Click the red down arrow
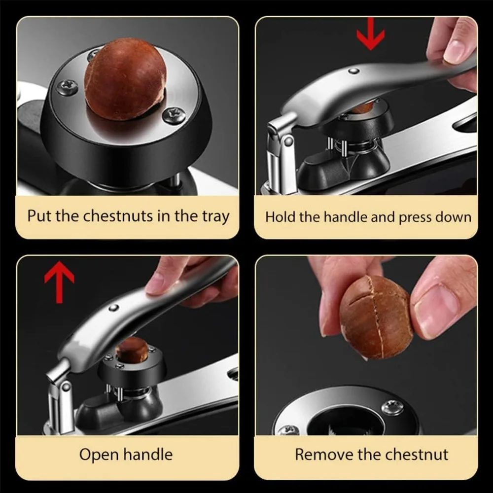(x=371, y=34)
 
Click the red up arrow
(x=59, y=282)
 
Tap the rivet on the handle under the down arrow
(x=354, y=71)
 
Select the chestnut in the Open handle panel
(x=132, y=350)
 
